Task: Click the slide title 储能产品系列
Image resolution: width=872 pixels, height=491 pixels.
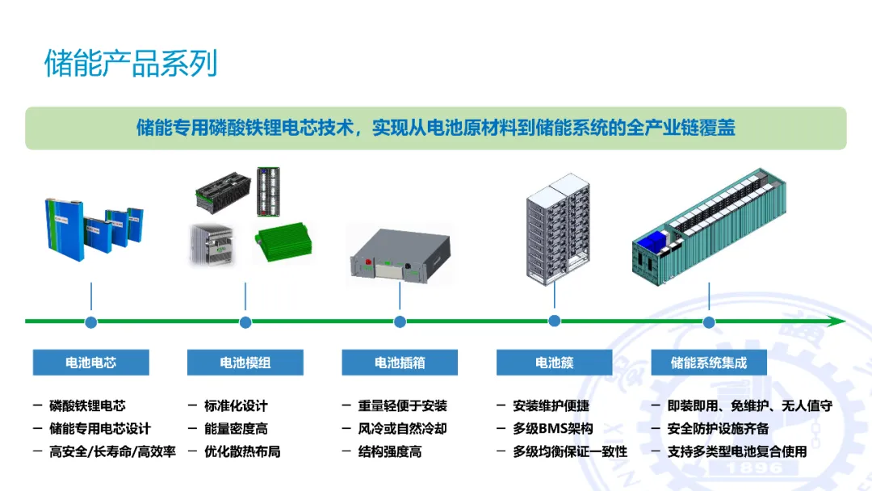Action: pyautogui.click(x=131, y=64)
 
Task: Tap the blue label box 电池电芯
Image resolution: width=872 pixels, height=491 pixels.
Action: pyautogui.click(x=90, y=363)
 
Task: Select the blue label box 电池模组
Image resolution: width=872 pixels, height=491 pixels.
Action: pyautogui.click(x=245, y=363)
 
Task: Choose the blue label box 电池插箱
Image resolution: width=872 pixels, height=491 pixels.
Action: pyautogui.click(x=400, y=363)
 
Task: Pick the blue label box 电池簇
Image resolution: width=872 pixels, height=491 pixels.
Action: pyautogui.click(x=554, y=363)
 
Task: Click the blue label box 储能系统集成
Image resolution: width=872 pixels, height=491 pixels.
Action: pyautogui.click(x=709, y=363)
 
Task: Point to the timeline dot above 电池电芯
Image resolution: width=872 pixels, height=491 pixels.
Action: pyautogui.click(x=91, y=322)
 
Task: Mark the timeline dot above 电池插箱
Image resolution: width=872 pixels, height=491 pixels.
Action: pyautogui.click(x=400, y=322)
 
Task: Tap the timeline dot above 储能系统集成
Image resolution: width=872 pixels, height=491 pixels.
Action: pyautogui.click(x=709, y=322)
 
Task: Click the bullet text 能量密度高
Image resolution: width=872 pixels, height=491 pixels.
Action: pyautogui.click(x=236, y=429)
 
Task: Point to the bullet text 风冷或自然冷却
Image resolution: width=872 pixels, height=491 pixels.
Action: pyautogui.click(x=402, y=429)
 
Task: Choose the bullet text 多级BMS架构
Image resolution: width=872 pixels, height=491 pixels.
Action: pyautogui.click(x=553, y=429)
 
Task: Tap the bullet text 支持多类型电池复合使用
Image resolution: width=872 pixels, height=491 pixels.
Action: pyautogui.click(x=737, y=451)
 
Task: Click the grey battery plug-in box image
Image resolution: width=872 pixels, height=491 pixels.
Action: pyautogui.click(x=399, y=254)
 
